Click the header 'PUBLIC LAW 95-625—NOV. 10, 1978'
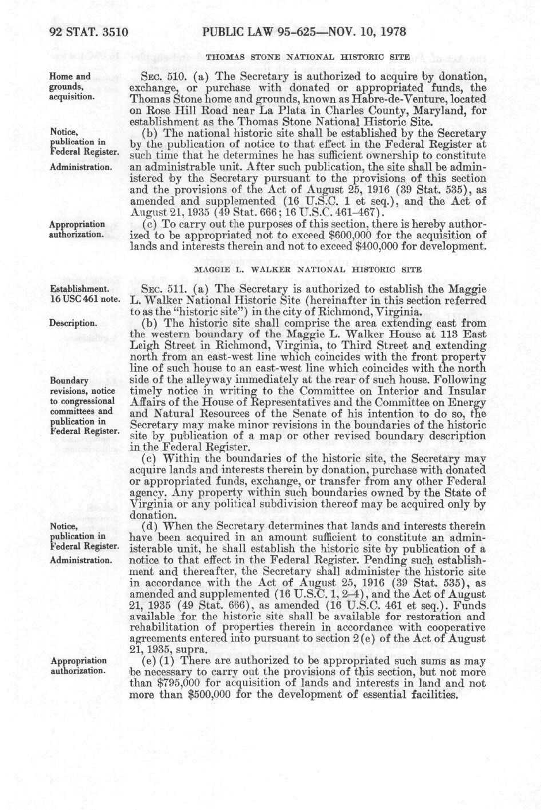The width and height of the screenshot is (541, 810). [x=304, y=32]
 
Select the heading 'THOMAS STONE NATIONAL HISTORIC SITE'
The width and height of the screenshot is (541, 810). [x=308, y=57]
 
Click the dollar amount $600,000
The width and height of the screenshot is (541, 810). [x=344, y=235]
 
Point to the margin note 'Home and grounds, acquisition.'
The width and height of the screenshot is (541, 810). [x=71, y=86]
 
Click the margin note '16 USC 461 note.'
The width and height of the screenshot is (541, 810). [x=85, y=299]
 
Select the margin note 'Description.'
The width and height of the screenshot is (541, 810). [x=73, y=323]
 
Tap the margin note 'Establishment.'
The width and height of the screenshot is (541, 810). [x=79, y=289]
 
